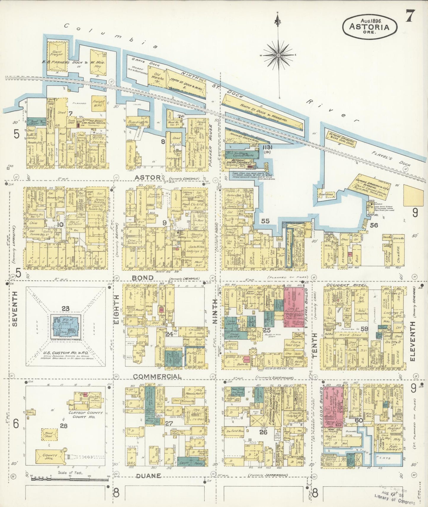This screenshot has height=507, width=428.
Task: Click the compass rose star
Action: (279, 55)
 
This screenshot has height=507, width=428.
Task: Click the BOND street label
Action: (142, 277)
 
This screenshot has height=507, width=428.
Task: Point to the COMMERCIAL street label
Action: (157, 376)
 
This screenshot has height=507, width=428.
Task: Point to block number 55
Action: (265, 221)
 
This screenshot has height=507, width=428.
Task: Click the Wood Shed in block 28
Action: (49, 434)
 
